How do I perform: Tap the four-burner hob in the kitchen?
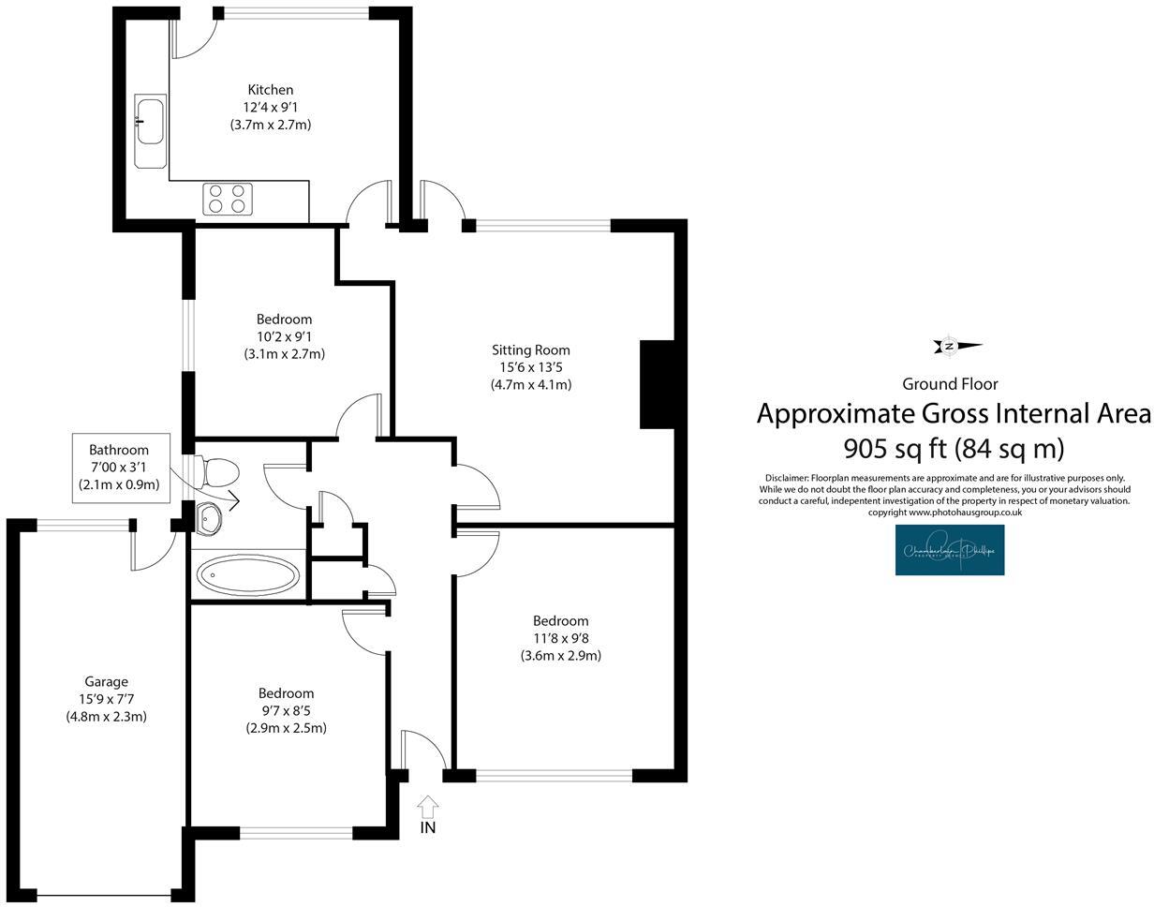pyautogui.click(x=228, y=199)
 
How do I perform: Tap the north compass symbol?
pyautogui.click(x=955, y=347)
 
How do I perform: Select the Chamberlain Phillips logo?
pyautogui.click(x=949, y=550)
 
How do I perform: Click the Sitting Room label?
pyautogui.click(x=530, y=350)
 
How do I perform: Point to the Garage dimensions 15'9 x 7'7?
pyautogui.click(x=106, y=699)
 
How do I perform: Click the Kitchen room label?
pyautogui.click(x=270, y=90)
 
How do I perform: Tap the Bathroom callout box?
pyautogui.click(x=120, y=468)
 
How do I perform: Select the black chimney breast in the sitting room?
pyautogui.click(x=657, y=384)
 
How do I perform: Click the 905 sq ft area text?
pyautogui.click(x=954, y=449)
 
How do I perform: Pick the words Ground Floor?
pyautogui.click(x=950, y=384)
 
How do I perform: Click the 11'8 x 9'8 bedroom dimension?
pyautogui.click(x=560, y=638)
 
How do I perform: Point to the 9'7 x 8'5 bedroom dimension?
pyautogui.click(x=286, y=710)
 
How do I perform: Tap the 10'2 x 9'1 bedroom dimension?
pyautogui.click(x=284, y=336)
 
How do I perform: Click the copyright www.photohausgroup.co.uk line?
pyautogui.click(x=944, y=513)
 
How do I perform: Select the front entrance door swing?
pyautogui.click(x=424, y=750)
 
